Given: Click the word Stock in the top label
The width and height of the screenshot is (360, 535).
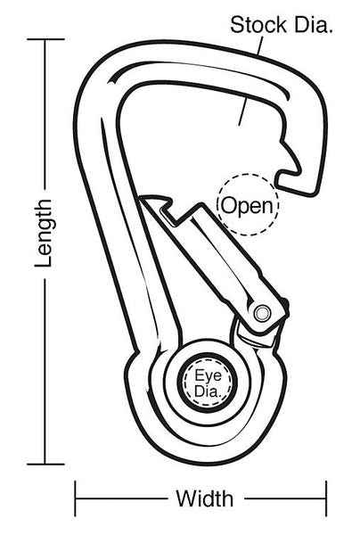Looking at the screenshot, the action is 258,25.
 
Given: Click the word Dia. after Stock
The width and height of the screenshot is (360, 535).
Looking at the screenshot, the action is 314,25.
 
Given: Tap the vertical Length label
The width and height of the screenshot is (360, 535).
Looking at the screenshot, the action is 44,233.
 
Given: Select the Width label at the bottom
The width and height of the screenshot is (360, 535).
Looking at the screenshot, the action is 205,498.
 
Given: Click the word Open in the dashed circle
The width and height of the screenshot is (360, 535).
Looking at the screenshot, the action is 248,206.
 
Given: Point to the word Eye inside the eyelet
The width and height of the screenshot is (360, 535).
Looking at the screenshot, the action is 208,376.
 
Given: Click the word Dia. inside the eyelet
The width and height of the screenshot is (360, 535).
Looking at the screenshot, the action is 208,391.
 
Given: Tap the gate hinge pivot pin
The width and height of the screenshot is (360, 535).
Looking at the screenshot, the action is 263,313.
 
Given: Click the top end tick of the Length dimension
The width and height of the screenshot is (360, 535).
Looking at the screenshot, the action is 45,39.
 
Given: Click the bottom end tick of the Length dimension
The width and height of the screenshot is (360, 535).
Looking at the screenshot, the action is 45,464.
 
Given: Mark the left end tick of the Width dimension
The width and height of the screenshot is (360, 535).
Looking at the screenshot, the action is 76,498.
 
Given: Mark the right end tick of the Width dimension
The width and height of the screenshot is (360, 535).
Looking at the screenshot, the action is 326,498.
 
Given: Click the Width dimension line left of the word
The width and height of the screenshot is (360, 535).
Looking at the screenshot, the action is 122,498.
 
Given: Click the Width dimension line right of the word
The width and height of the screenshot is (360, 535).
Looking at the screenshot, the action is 285,498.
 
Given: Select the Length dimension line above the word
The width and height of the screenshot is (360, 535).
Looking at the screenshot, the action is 45,114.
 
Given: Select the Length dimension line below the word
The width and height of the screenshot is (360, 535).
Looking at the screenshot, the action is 45,371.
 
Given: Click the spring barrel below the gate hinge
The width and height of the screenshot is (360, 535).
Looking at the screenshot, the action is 257,337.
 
